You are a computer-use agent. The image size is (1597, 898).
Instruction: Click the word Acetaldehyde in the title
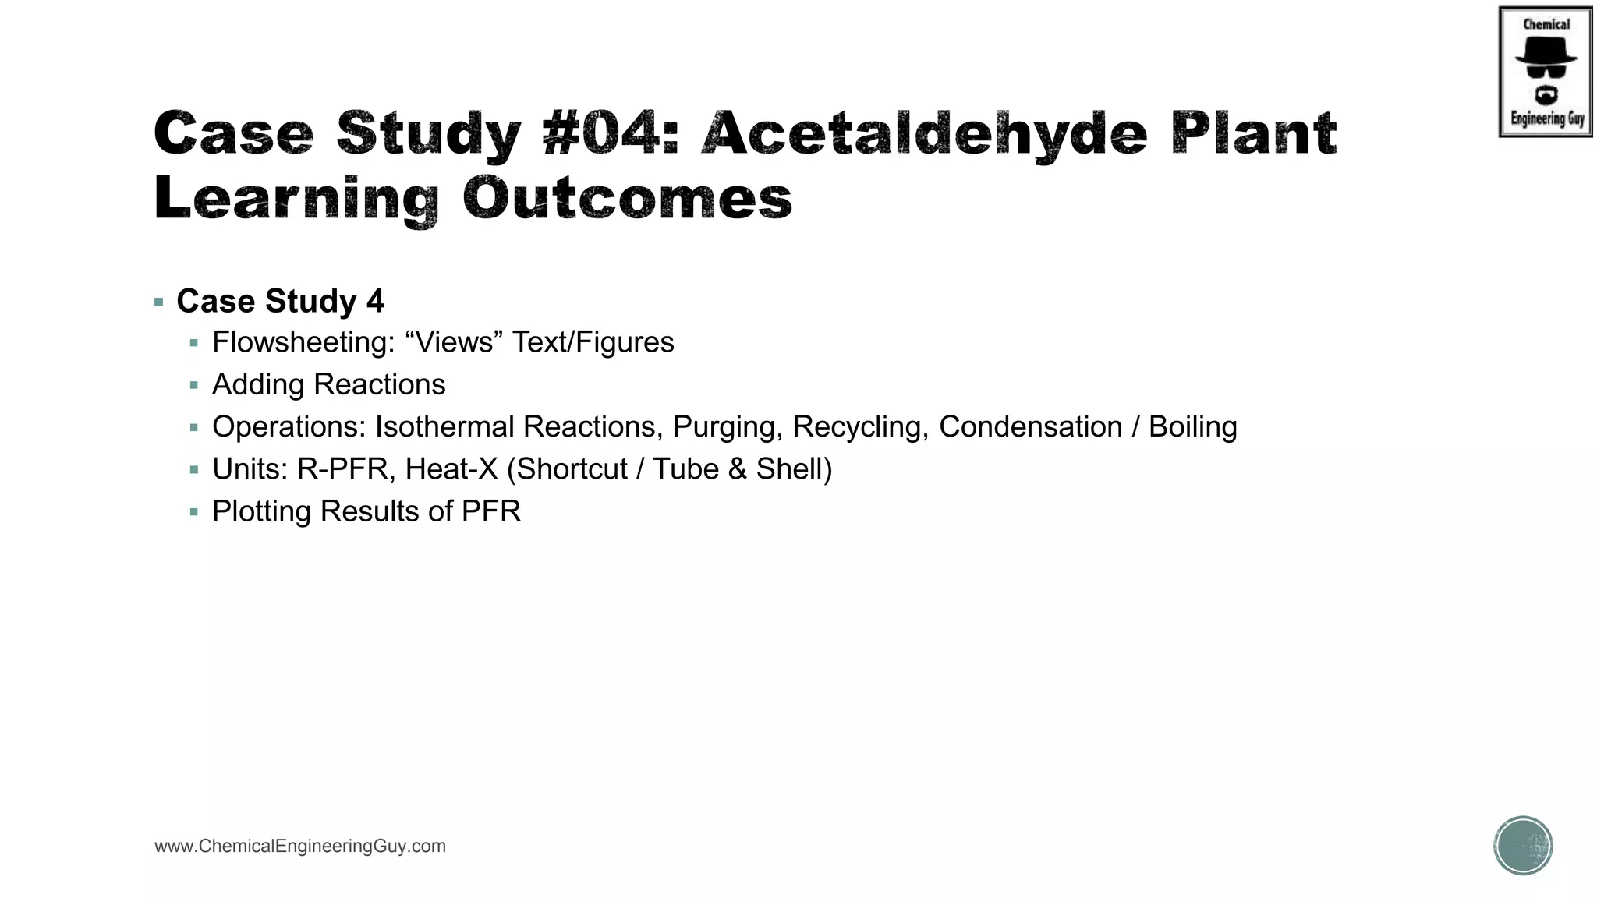click(x=924, y=133)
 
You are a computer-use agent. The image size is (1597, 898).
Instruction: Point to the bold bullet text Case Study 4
click(x=280, y=302)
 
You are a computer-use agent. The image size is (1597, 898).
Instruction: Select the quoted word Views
click(x=455, y=342)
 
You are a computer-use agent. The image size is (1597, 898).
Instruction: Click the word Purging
click(x=727, y=426)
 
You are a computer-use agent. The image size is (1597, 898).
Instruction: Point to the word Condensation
click(x=1030, y=426)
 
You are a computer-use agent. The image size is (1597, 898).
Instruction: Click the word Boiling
click(x=1192, y=426)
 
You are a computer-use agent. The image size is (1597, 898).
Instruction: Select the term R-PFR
click(x=342, y=469)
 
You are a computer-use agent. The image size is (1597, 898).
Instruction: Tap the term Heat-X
click(x=451, y=469)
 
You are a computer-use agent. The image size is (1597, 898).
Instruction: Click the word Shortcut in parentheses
click(x=572, y=469)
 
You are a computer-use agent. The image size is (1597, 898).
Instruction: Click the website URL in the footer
click(x=300, y=846)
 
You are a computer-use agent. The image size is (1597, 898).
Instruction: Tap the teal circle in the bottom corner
click(x=1523, y=846)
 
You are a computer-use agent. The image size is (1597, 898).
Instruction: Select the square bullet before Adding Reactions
click(x=194, y=385)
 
